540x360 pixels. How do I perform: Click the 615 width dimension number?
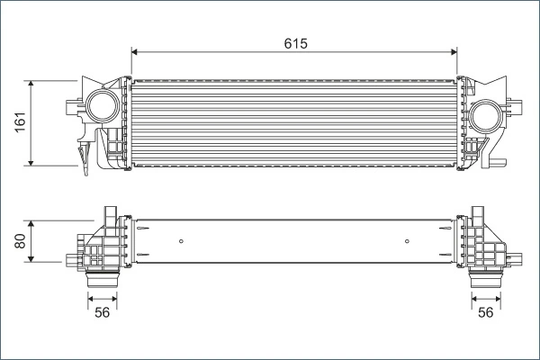click(294, 43)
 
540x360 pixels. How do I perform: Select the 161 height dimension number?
click(20, 123)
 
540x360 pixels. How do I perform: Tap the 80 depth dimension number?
click(20, 240)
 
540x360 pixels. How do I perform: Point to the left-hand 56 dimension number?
click(102, 312)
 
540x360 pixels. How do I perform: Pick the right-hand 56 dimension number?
click(486, 312)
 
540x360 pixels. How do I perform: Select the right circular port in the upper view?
click(487, 116)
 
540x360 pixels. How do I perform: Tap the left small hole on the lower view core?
click(181, 240)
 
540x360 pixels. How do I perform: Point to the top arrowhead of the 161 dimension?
click(32, 83)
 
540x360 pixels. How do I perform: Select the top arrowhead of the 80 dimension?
click(32, 222)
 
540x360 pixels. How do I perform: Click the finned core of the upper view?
click(294, 124)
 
